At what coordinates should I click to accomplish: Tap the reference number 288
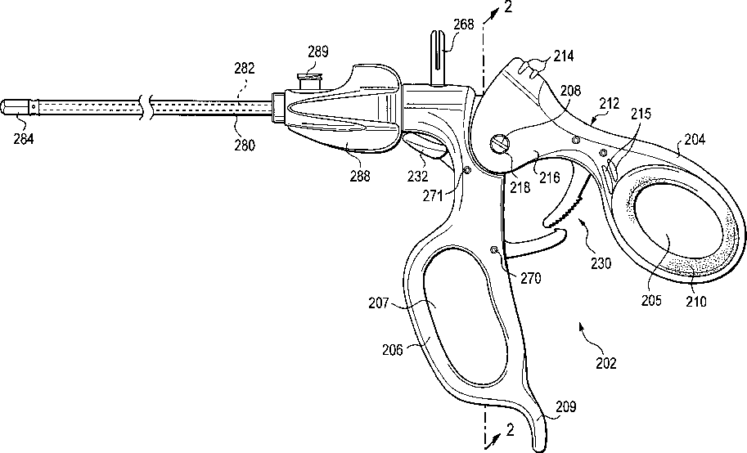click(358, 174)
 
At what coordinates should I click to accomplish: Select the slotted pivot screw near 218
click(499, 145)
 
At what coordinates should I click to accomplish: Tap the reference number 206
click(392, 349)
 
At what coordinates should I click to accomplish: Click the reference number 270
click(531, 277)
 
